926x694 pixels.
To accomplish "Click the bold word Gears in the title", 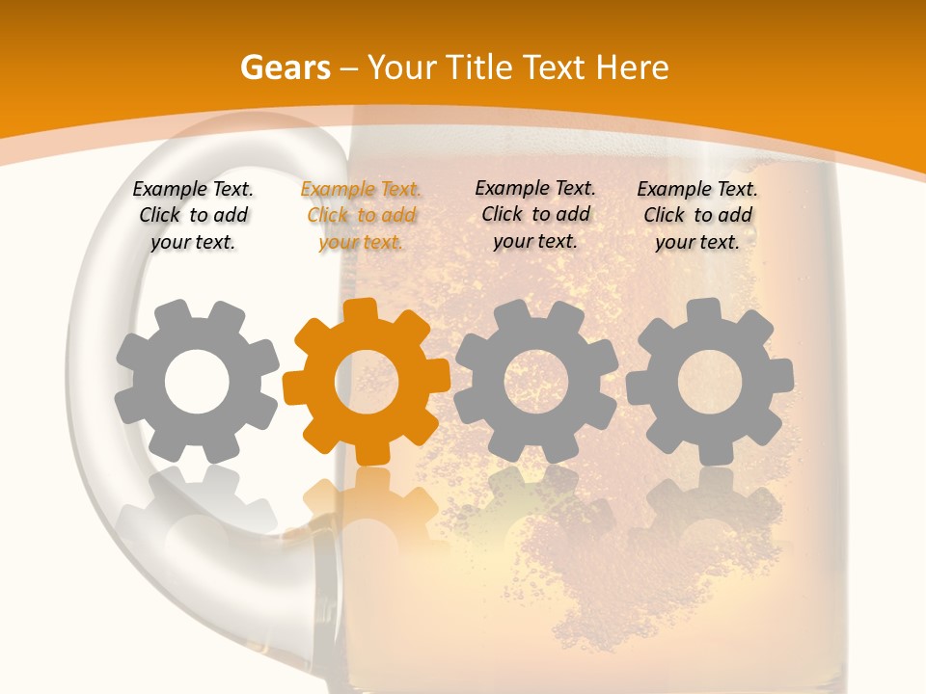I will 285,67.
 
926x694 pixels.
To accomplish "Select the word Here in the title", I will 632,67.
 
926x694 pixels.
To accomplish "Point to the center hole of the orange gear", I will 367,382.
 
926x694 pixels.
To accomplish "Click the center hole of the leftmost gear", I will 197,382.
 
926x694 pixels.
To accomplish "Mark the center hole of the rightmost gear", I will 709,382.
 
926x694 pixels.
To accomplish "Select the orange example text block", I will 361,216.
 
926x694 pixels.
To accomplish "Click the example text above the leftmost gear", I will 193,216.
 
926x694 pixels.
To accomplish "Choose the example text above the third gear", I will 535,214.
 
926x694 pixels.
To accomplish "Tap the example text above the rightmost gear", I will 697,216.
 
